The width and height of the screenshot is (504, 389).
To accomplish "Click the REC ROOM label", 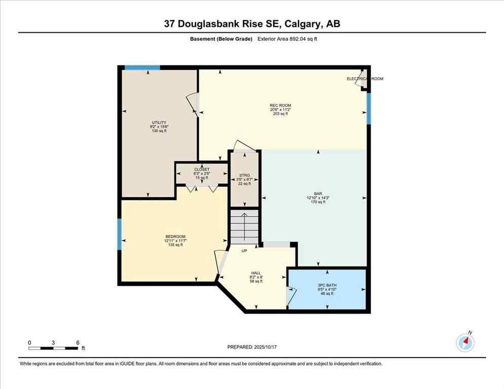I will tap(280, 105).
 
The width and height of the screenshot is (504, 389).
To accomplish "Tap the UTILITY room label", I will tap(158, 123).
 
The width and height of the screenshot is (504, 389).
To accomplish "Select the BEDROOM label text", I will tap(175, 237).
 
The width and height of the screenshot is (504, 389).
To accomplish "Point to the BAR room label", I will tap(318, 193).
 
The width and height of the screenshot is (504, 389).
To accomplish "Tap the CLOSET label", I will tap(201, 170).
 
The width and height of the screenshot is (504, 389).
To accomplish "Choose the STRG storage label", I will tap(244, 176).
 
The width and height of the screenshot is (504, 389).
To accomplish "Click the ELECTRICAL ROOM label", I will tap(365, 79).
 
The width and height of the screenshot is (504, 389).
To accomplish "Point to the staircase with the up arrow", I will tap(244, 226).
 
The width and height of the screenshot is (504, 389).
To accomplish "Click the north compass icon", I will tap(465, 342).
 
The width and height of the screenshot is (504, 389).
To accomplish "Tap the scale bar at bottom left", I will tap(53, 348).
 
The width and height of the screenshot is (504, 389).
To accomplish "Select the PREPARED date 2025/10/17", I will tap(252, 347).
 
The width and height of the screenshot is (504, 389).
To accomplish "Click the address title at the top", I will tap(252, 24).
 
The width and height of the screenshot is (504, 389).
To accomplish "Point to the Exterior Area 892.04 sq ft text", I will tap(289, 38).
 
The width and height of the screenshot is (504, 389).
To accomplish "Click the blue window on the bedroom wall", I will tap(119, 234).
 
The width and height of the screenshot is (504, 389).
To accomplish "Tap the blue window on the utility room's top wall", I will tap(142, 67).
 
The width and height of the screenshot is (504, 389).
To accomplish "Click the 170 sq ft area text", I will tap(318, 202).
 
